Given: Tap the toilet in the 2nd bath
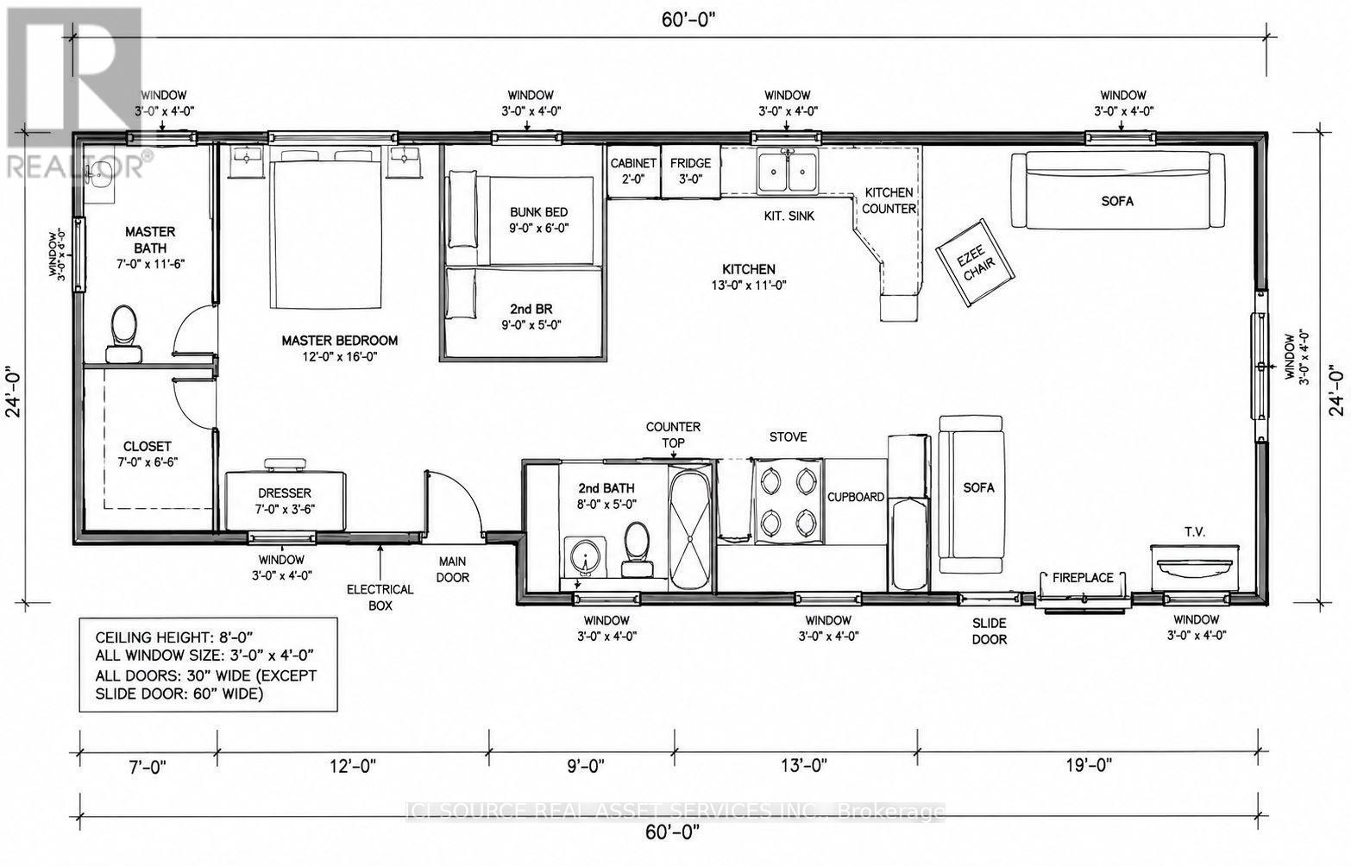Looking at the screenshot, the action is [637, 550].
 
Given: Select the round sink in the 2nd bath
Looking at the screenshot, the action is [584, 557].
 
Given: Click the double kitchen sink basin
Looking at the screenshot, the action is [788, 172].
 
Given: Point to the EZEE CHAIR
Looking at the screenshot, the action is [975, 263].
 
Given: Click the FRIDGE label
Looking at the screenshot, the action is [690, 163].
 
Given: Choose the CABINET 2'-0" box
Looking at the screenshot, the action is [633, 172].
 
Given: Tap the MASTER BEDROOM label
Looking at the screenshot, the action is [340, 340].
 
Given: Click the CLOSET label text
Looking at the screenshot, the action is [148, 446].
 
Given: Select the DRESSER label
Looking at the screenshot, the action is [285, 493].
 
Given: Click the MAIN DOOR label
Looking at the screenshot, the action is [452, 569].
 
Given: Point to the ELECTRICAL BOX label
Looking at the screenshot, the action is [380, 597].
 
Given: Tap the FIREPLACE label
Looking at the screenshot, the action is [1084, 578].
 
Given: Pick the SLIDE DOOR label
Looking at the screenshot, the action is [990, 631].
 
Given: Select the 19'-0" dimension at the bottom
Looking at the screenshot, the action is [1088, 765].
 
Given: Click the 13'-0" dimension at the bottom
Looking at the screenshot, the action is [804, 765].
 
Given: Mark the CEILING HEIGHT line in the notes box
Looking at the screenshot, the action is [173, 637].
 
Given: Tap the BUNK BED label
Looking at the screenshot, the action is [538, 212].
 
